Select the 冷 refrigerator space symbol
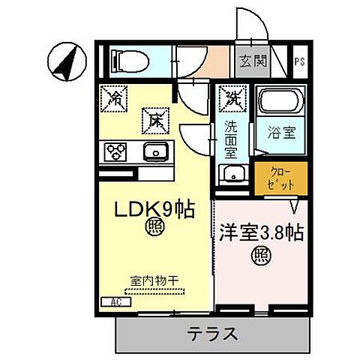click(117, 97)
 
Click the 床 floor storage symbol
click(156, 118)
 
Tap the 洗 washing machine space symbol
click(231, 97)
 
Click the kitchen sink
click(157, 151)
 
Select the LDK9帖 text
click(154, 209)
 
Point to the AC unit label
click(116, 301)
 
